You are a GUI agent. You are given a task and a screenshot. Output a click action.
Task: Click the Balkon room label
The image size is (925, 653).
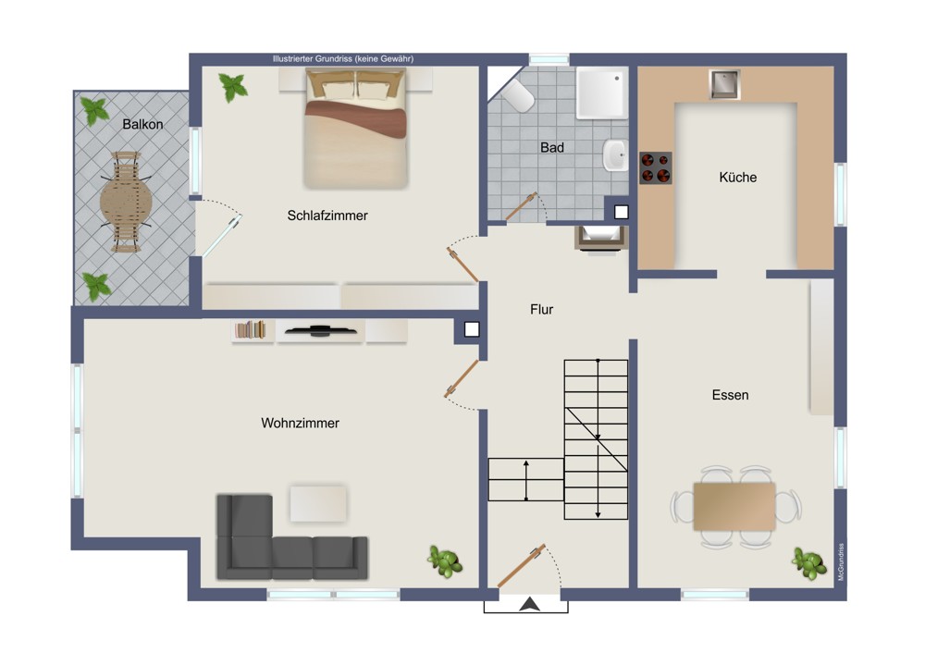[142, 125]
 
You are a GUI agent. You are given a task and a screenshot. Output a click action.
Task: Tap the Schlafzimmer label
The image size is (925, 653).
[327, 216]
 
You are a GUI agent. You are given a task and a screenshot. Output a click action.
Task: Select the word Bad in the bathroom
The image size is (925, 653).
[552, 147]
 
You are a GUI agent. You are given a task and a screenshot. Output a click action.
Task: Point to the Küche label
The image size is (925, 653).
[738, 177]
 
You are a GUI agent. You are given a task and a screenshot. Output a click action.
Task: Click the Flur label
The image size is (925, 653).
[541, 309]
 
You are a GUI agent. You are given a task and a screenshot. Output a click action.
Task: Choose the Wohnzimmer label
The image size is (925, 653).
[301, 423]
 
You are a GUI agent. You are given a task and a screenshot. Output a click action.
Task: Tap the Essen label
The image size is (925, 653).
[731, 395]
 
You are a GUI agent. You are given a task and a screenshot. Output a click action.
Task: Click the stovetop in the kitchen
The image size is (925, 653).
[656, 168]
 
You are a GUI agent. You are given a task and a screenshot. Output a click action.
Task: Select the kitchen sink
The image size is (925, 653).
[724, 84]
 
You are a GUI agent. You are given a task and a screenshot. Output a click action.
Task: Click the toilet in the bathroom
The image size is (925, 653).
[517, 95]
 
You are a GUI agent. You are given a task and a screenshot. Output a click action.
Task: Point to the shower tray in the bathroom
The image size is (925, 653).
[602, 93]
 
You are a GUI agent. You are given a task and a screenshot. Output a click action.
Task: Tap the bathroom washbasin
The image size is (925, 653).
[615, 155]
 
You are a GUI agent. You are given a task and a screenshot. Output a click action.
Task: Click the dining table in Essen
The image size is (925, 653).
[734, 506]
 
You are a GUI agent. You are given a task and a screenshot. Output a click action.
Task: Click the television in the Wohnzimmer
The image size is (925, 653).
[320, 331]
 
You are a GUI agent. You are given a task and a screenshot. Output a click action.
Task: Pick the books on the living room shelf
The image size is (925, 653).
[251, 330]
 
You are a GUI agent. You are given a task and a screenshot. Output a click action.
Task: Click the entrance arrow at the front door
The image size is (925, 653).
[530, 603]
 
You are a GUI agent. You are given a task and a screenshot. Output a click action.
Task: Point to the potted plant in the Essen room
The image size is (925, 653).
[809, 563]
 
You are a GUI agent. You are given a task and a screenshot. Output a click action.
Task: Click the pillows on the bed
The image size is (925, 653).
[356, 86]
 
